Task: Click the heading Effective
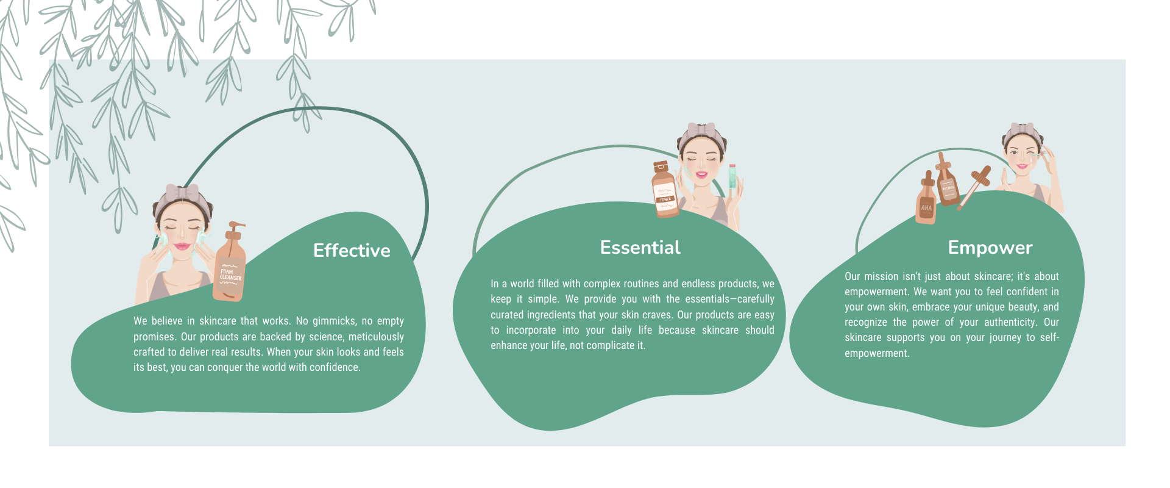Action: point(352,250)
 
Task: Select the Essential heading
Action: point(640,247)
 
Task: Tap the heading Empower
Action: point(990,248)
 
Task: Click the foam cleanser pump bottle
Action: point(230,262)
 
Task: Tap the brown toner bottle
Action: point(665,190)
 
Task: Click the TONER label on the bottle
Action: point(665,199)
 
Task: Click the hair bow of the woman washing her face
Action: point(182,192)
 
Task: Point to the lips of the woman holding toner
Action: point(701,174)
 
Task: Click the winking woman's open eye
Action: point(1013,152)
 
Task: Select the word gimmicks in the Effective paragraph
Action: point(334,321)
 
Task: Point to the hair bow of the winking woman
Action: point(1023,130)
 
